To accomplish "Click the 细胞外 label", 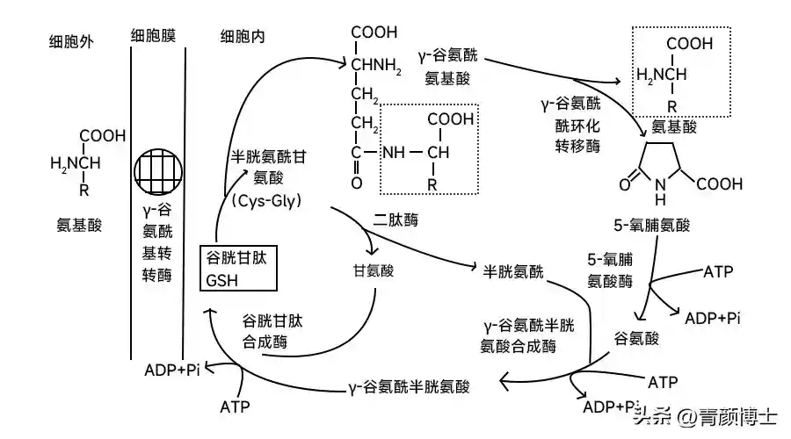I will tap(74, 40).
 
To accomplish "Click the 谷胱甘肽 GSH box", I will tap(239, 269).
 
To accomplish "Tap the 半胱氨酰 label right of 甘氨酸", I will tap(513, 270).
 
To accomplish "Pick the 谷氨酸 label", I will tap(636, 336).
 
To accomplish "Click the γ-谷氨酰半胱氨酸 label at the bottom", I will tap(408, 385).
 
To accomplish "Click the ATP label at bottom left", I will tap(235, 407).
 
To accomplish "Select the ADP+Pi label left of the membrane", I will tap(173, 370).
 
